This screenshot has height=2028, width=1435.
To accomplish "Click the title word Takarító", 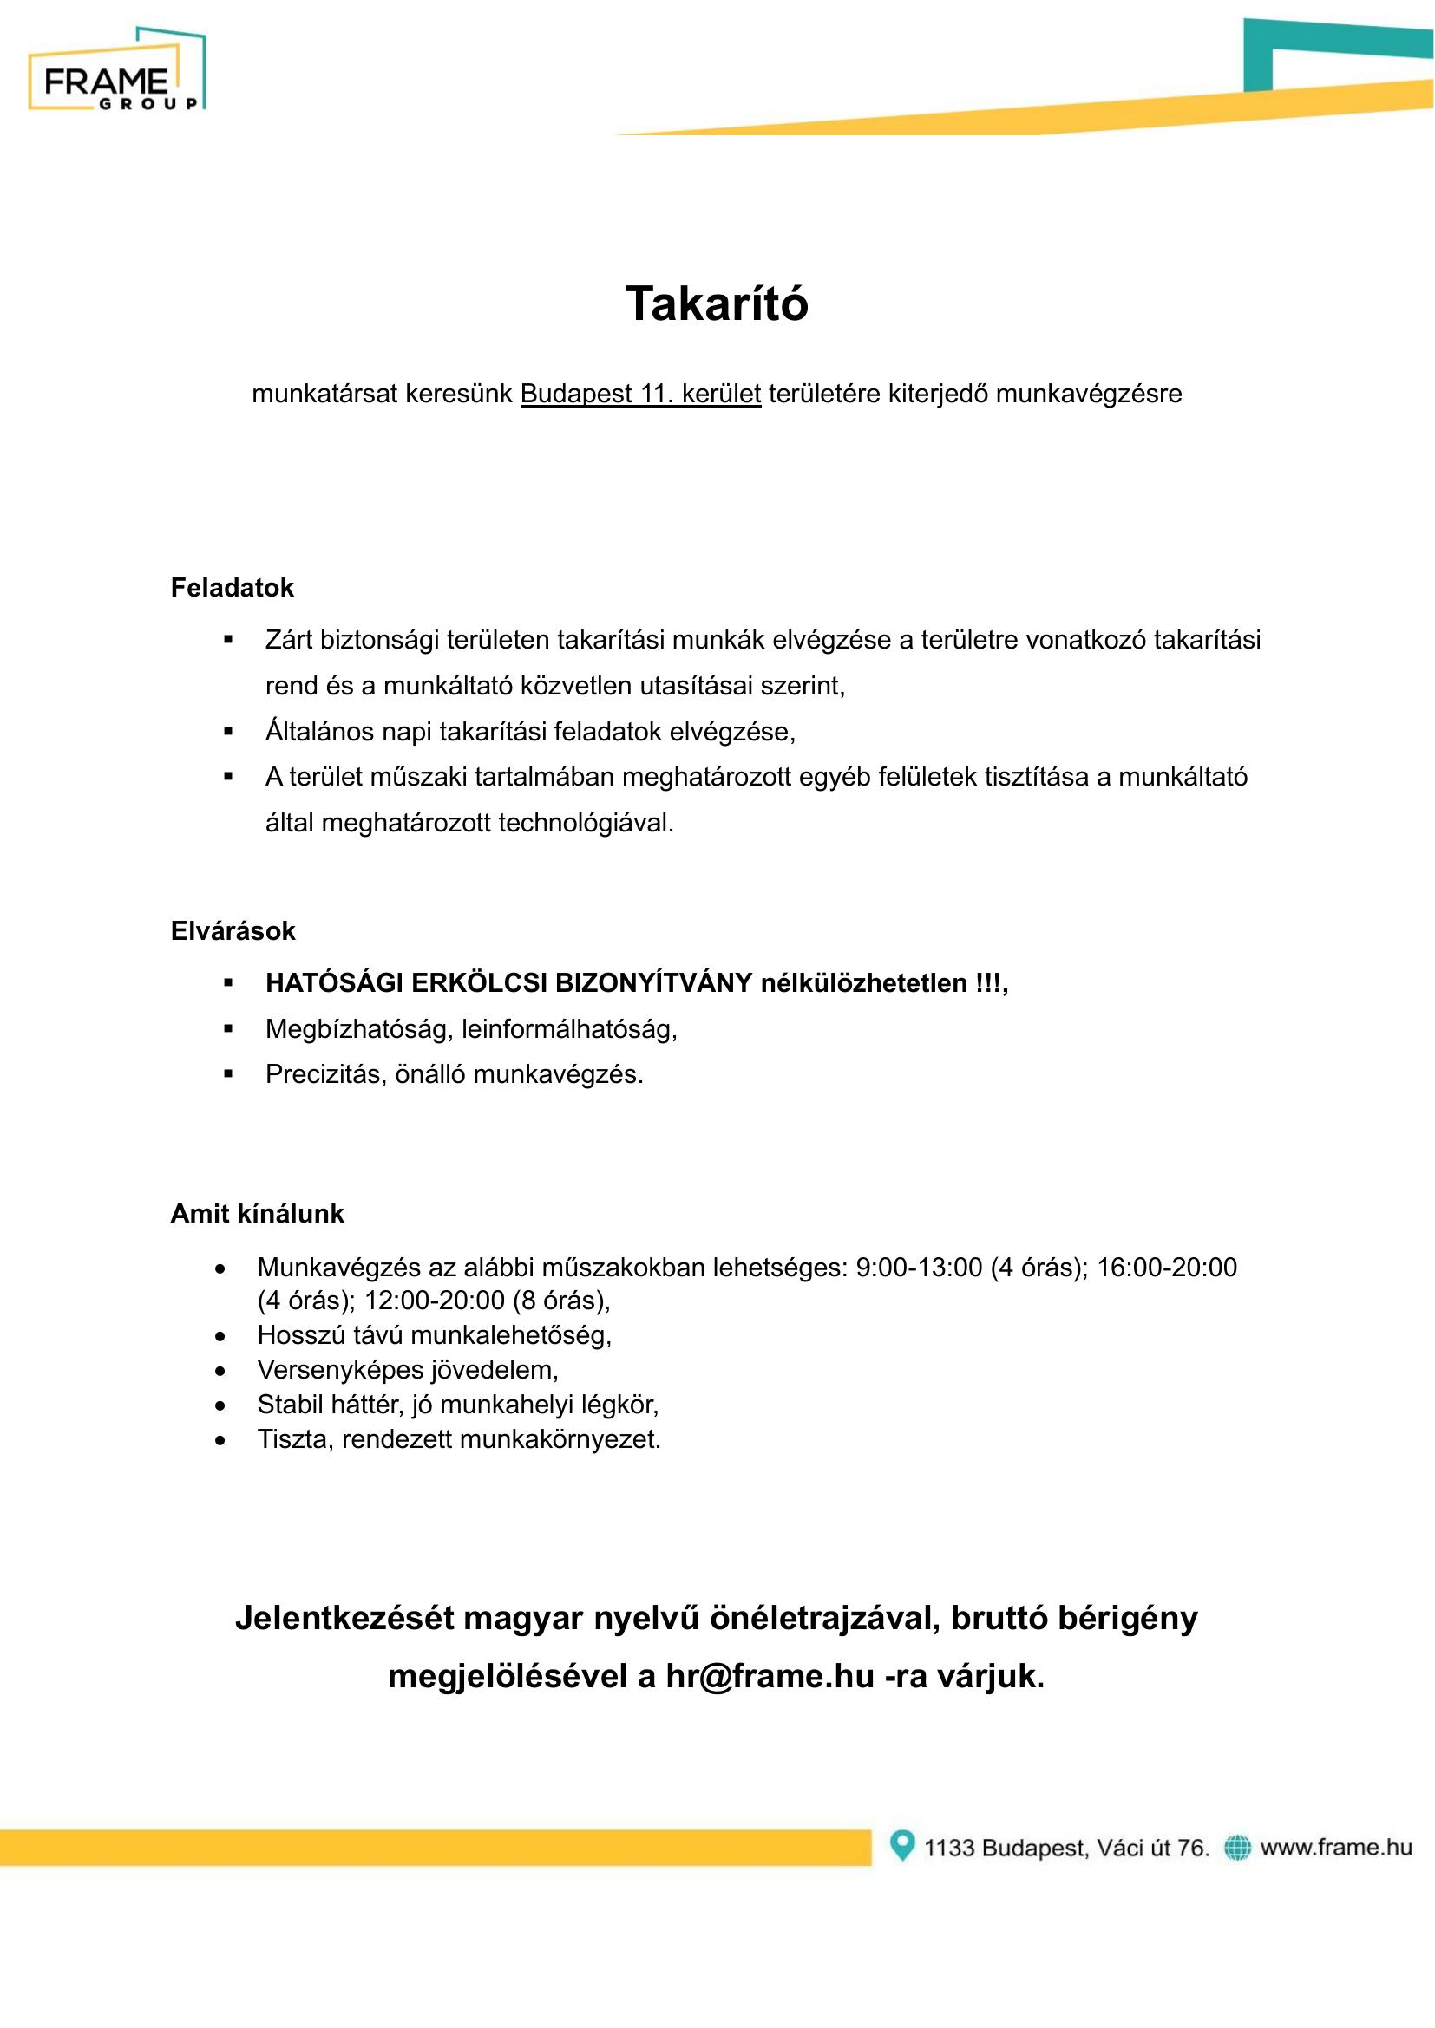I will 717,303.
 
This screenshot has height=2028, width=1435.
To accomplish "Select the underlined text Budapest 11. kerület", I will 639,394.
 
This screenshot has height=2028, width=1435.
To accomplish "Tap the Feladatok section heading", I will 232,588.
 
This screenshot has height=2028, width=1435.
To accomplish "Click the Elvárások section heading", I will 233,931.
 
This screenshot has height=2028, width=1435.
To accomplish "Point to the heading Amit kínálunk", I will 257,1214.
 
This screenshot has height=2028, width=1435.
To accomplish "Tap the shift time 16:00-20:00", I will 1166,1268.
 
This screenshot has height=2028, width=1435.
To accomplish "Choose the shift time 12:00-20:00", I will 434,1301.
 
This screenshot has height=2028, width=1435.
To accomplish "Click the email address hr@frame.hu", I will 770,1677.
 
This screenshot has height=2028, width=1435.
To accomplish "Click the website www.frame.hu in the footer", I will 1336,1847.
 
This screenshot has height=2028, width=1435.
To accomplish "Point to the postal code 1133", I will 949,1848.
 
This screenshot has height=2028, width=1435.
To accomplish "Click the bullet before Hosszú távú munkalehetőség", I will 220,1336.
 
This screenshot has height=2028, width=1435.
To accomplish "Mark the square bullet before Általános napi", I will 228,732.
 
